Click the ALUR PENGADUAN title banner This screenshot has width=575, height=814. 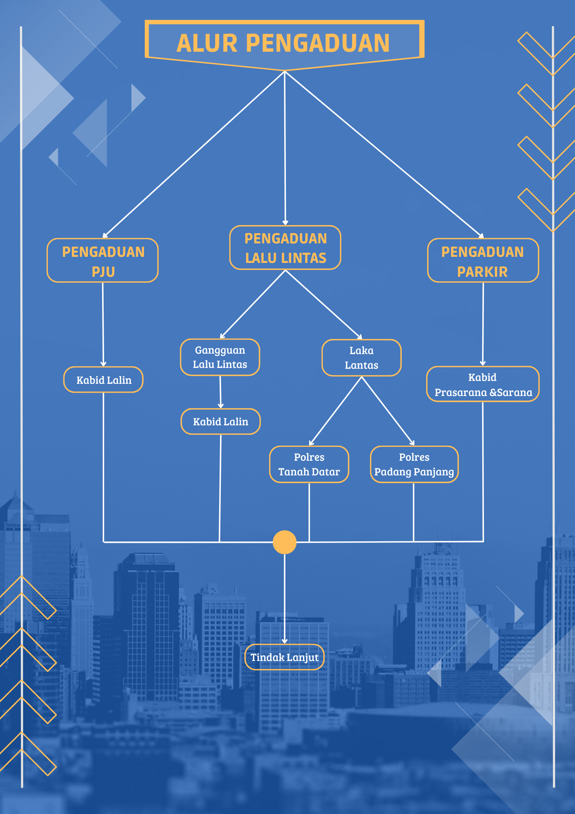pyautogui.click(x=284, y=44)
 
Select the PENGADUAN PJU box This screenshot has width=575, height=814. pyautogui.click(x=102, y=260)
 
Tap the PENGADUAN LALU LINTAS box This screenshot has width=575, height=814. pyautogui.click(x=285, y=247)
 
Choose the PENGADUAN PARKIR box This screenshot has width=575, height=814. pyautogui.click(x=483, y=260)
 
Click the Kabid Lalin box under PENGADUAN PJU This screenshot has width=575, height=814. pyautogui.click(x=103, y=380)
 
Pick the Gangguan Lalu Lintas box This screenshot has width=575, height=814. pyautogui.click(x=220, y=357)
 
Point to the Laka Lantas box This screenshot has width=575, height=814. pyautogui.click(x=362, y=358)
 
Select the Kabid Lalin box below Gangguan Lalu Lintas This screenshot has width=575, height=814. pyautogui.click(x=220, y=422)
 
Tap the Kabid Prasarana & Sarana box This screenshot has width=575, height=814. pyautogui.click(x=483, y=384)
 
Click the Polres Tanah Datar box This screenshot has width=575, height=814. pyautogui.click(x=309, y=464)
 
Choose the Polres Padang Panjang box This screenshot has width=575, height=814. pyautogui.click(x=414, y=464)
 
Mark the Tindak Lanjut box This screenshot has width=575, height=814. pyautogui.click(x=285, y=657)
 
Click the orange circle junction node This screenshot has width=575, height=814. pyautogui.click(x=285, y=542)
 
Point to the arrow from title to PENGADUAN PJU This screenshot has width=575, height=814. pyautogui.click(x=194, y=155)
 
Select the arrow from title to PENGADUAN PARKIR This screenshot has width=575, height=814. pyautogui.click(x=384, y=155)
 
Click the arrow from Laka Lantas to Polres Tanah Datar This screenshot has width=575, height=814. pyautogui.click(x=335, y=411)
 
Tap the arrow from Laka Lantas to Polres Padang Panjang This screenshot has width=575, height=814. pyautogui.click(x=388, y=411)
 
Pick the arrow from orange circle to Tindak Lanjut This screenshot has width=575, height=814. pyautogui.click(x=285, y=599)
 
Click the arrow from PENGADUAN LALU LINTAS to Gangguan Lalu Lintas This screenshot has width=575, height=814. pyautogui.click(x=253, y=304)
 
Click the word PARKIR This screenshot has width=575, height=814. pyautogui.click(x=483, y=272)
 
